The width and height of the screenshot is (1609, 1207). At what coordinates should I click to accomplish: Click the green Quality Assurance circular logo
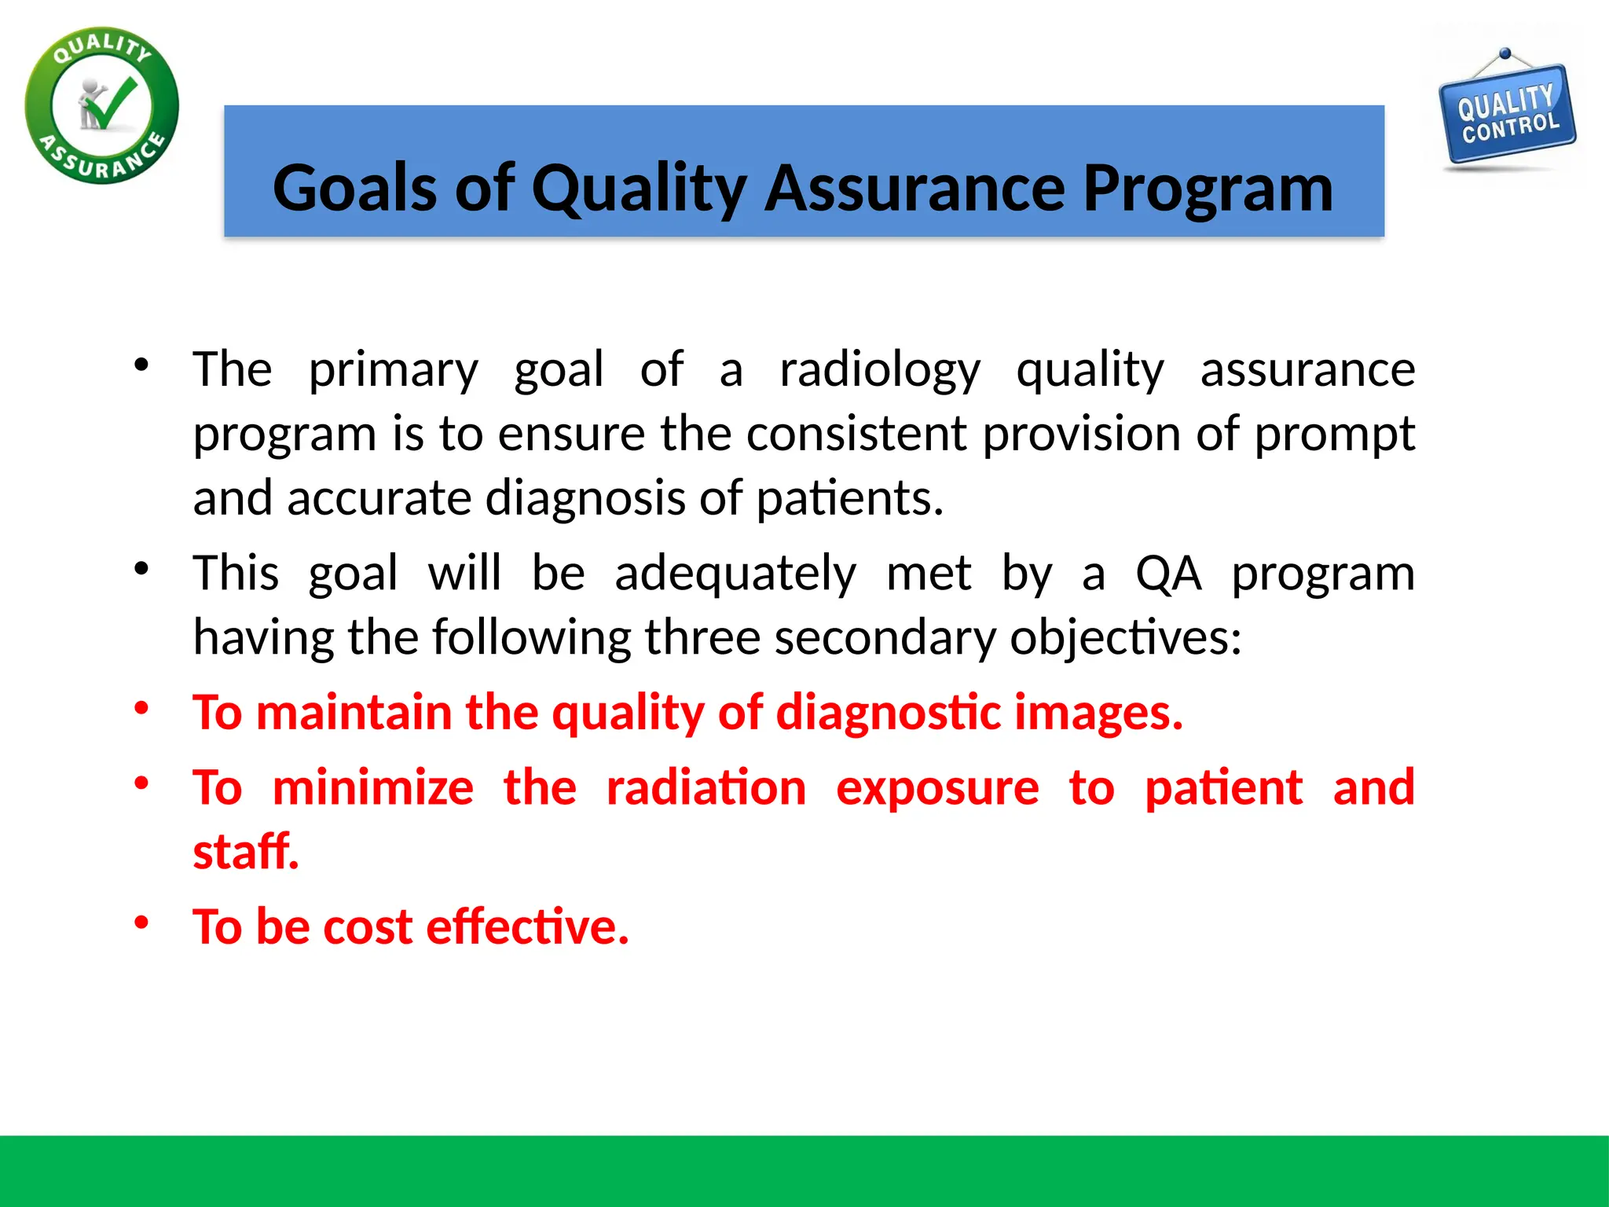tap(102, 106)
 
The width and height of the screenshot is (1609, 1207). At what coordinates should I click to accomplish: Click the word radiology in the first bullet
tap(880, 369)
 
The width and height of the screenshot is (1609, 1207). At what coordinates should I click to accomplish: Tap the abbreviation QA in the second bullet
tap(1168, 573)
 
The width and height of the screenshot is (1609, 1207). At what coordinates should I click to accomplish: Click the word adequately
tap(735, 573)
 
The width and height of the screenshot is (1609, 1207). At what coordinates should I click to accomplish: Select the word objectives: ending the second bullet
tap(1125, 637)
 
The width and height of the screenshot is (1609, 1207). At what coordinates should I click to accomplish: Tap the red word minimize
tap(373, 787)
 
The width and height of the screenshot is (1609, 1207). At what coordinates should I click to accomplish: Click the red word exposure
tap(937, 787)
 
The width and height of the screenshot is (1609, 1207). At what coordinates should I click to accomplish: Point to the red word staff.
tap(246, 852)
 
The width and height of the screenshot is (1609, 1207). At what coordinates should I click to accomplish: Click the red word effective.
tap(527, 926)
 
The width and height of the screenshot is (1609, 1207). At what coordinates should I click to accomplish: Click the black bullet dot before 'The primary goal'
tap(141, 365)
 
